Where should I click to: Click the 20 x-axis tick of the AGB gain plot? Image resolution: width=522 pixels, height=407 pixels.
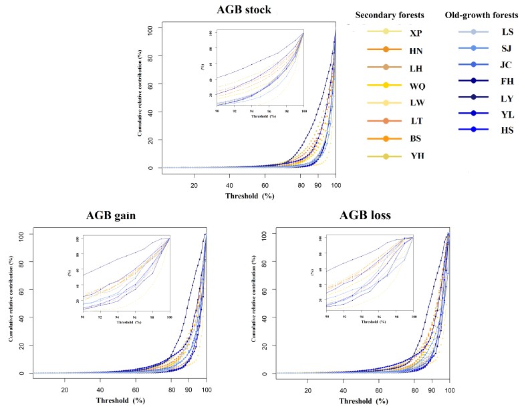click(x=65, y=390)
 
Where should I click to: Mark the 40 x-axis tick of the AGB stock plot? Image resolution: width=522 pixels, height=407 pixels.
click(x=229, y=184)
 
